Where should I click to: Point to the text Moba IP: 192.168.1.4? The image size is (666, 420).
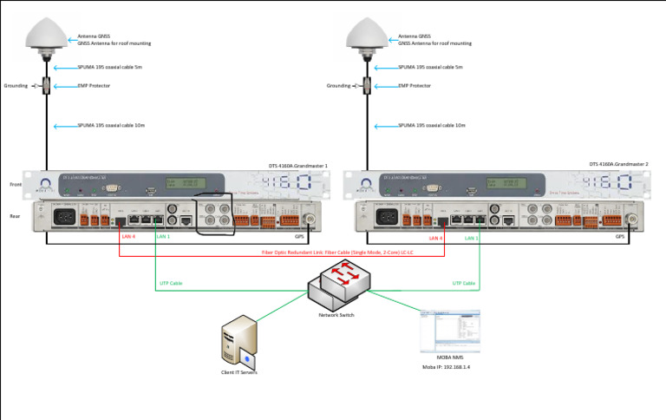click(x=450, y=368)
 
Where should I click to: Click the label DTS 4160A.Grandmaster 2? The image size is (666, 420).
click(x=618, y=164)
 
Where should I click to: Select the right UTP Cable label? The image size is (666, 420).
click(x=463, y=283)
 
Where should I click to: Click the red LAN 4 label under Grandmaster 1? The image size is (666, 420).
click(x=128, y=237)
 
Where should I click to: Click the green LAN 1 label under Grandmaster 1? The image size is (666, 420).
click(x=162, y=237)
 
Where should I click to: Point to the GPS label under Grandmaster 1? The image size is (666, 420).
click(x=299, y=236)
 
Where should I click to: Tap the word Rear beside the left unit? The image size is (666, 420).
click(x=15, y=215)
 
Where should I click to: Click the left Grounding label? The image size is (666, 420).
click(x=16, y=86)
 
